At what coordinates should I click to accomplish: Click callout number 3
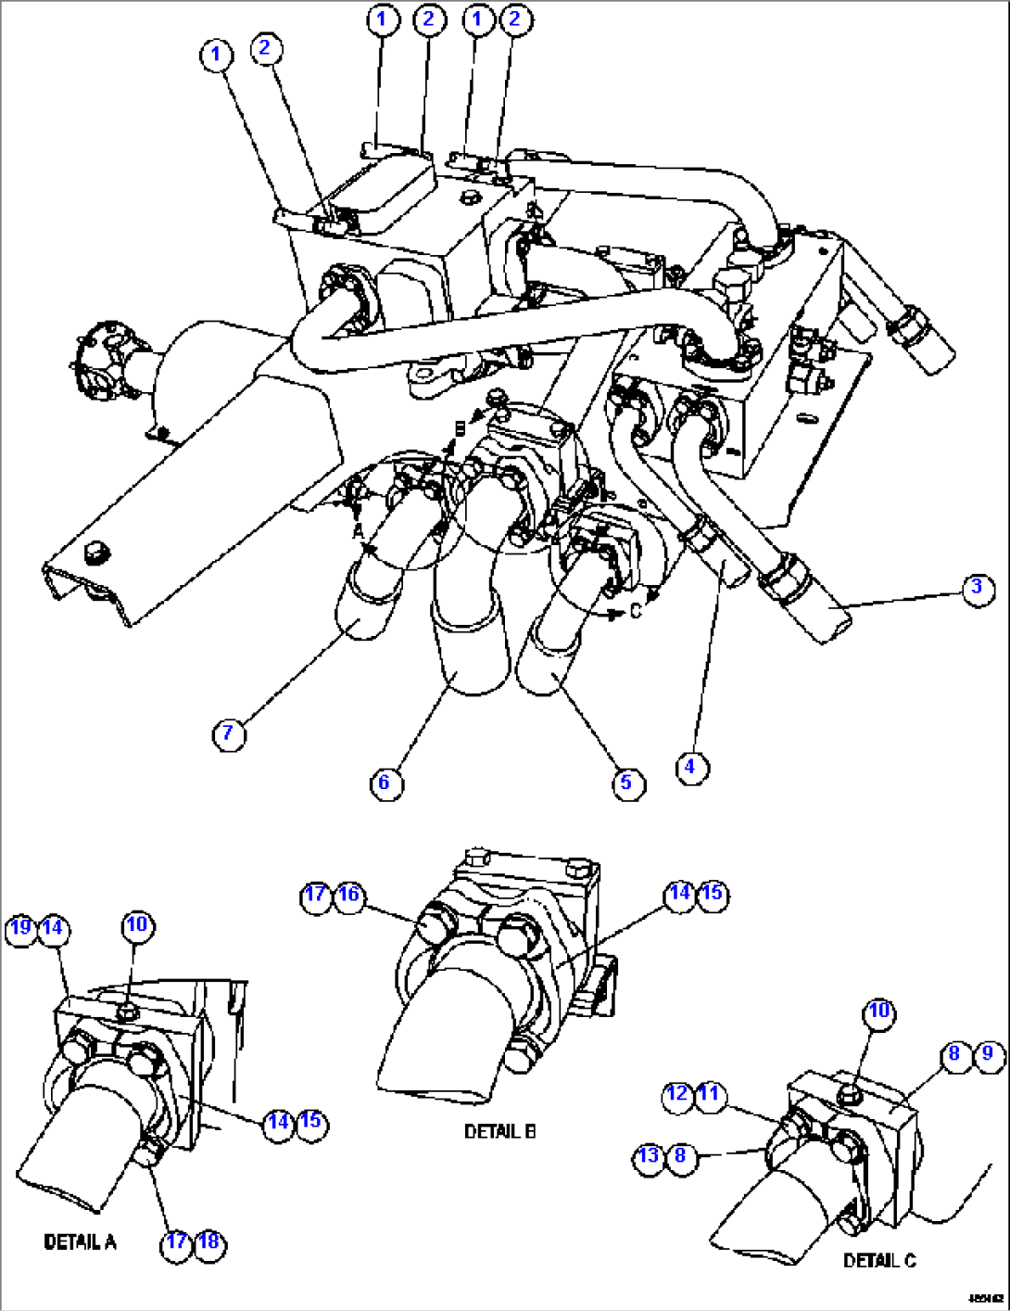click(x=977, y=589)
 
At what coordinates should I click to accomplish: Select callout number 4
click(x=690, y=768)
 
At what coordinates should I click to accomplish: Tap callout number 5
click(x=627, y=783)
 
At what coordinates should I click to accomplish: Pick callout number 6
click(x=385, y=783)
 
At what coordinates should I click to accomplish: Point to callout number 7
click(x=229, y=734)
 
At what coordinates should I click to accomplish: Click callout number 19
click(x=20, y=927)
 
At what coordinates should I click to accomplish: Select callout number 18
click(x=209, y=1241)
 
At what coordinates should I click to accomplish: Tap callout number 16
click(x=348, y=895)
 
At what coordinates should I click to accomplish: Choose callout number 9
click(x=988, y=1053)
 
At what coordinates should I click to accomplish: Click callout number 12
click(x=677, y=1094)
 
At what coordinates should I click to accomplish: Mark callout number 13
click(x=649, y=1155)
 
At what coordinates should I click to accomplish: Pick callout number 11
click(x=709, y=1094)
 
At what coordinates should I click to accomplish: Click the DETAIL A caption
click(x=81, y=1241)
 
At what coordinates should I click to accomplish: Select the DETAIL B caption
click(x=499, y=1132)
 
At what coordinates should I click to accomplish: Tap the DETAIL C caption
click(x=879, y=1260)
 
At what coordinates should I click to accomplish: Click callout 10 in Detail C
click(x=878, y=1011)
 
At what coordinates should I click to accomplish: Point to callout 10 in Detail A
click(x=136, y=924)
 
